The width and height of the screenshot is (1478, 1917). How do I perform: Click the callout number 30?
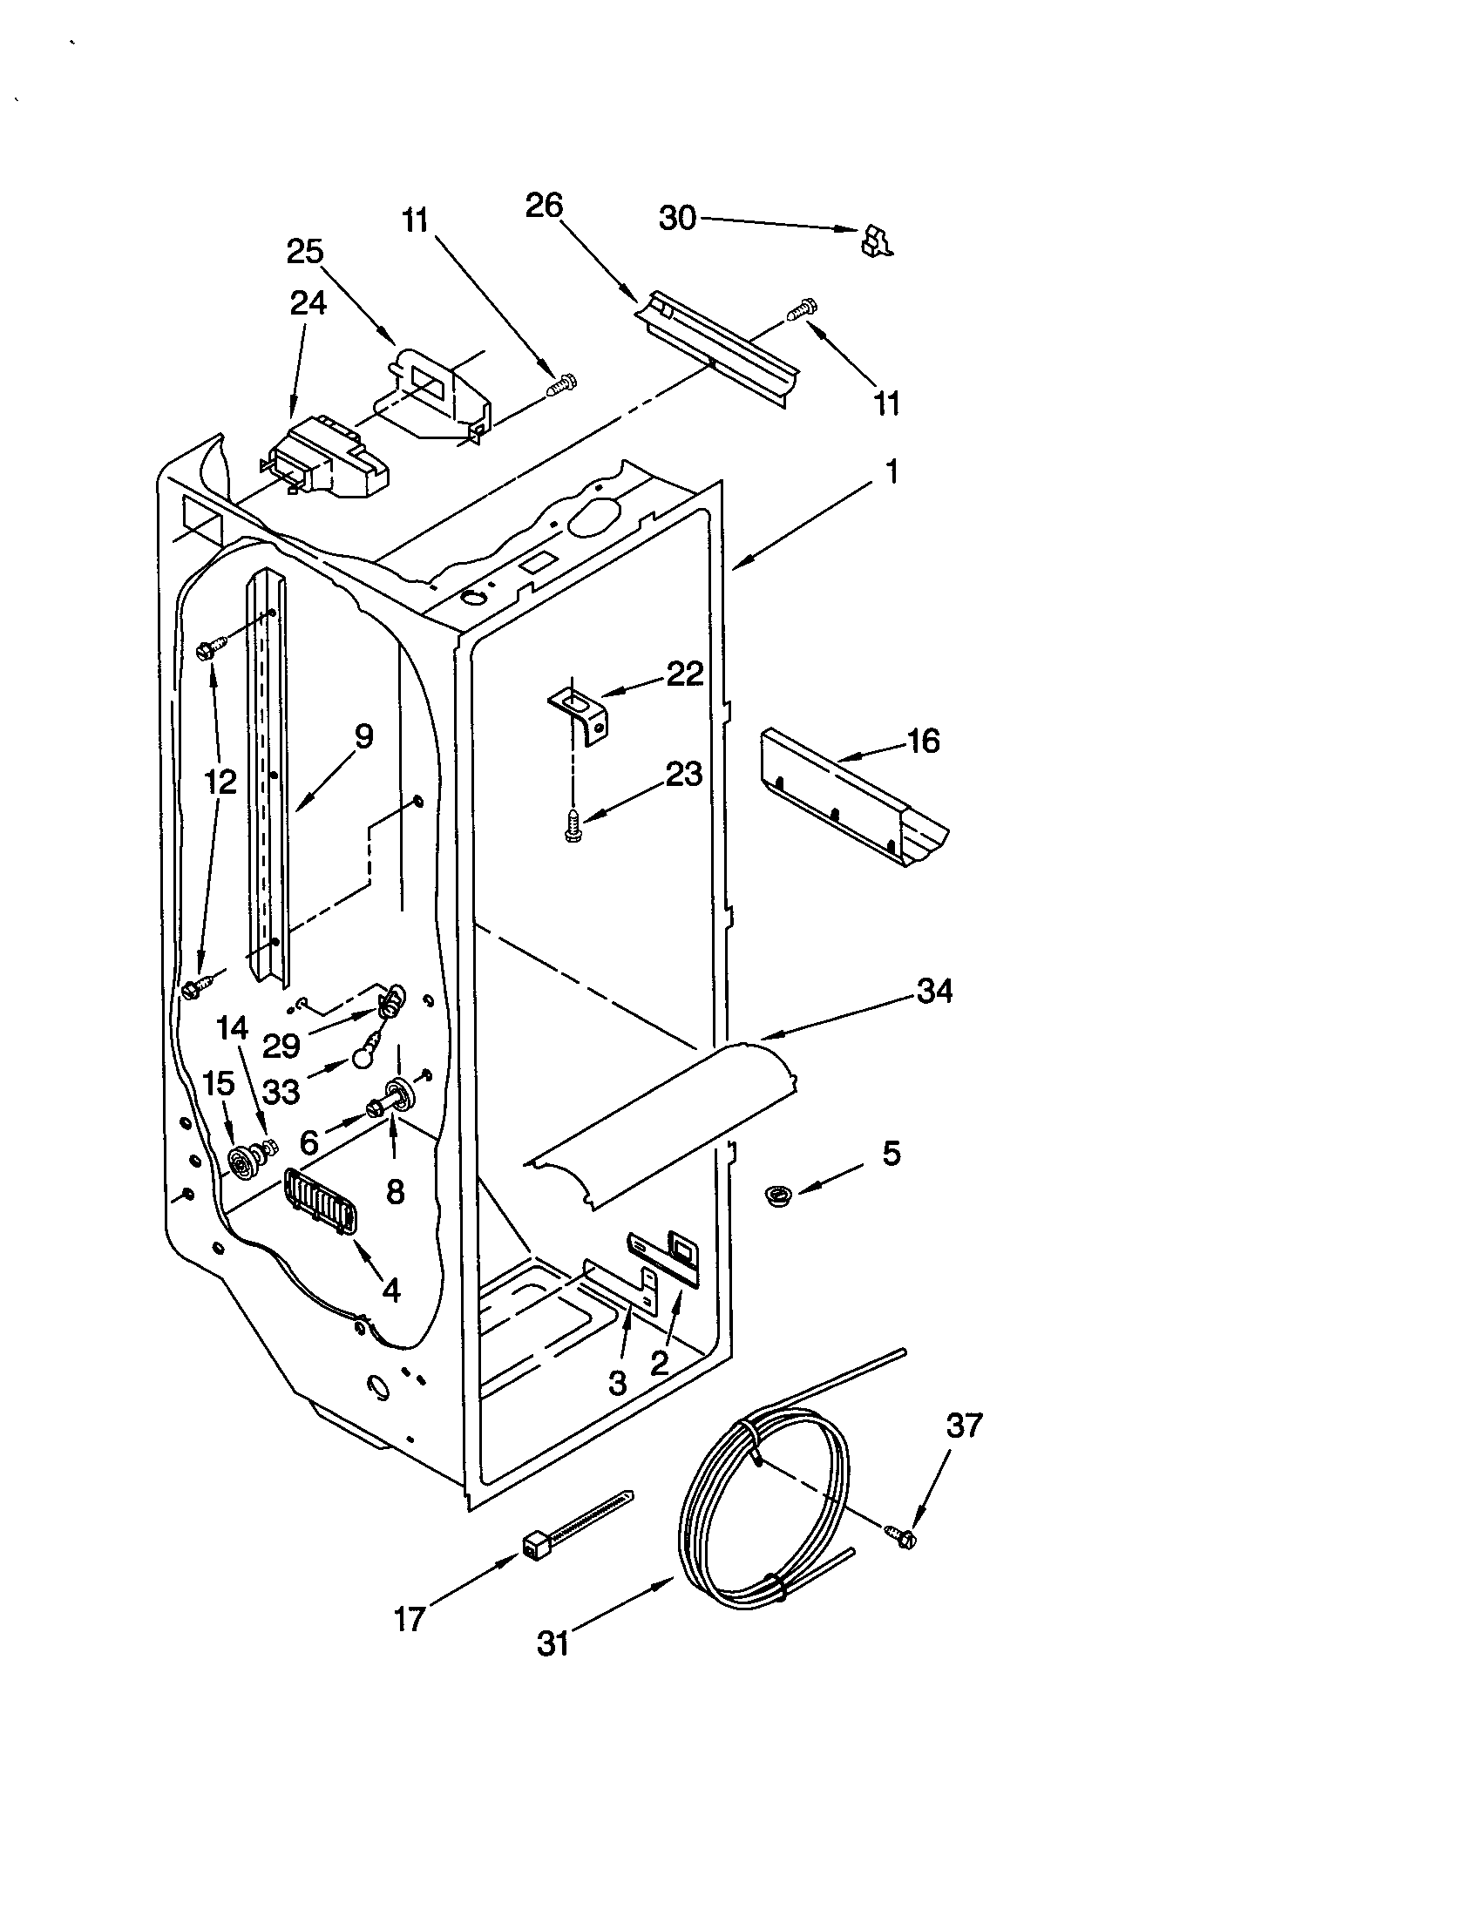click(x=676, y=218)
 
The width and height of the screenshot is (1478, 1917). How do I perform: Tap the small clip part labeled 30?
click(x=876, y=240)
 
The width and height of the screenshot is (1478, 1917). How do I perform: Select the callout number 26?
click(x=543, y=206)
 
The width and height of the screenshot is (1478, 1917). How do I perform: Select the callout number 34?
click(x=934, y=992)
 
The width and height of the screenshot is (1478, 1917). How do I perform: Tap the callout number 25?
click(x=304, y=252)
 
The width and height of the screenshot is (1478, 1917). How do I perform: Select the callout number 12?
click(x=220, y=782)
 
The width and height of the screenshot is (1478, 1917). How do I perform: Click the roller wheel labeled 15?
click(x=241, y=1164)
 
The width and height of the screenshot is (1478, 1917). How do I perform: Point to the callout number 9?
click(x=363, y=735)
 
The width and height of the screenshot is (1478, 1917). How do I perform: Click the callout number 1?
click(x=892, y=472)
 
